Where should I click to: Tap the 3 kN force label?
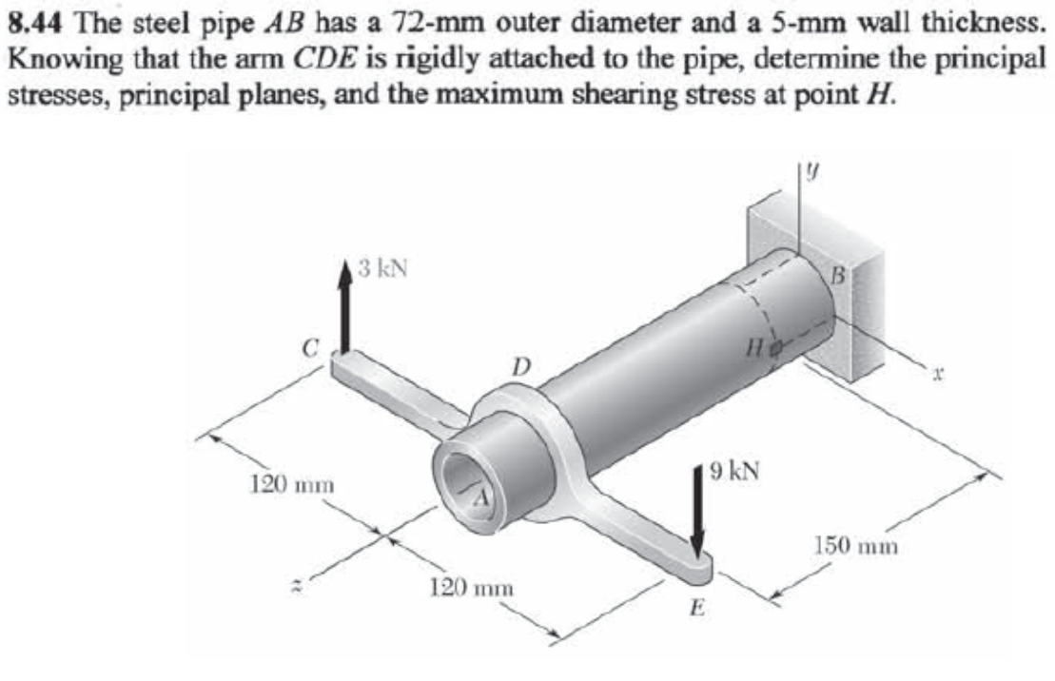click(x=382, y=268)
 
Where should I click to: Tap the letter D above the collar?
click(x=519, y=364)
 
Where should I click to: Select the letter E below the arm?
click(x=695, y=607)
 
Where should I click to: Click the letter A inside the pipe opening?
click(x=483, y=496)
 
